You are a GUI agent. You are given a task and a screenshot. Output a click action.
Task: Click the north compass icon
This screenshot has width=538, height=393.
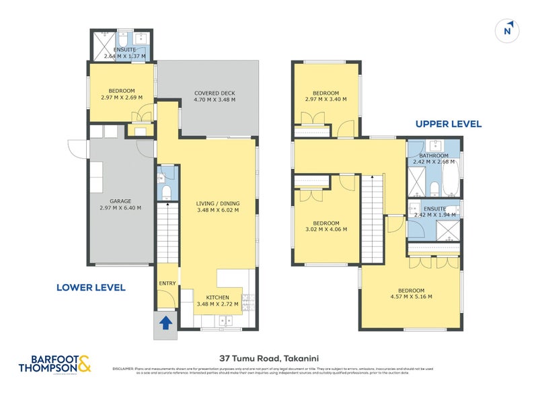pos(508,30)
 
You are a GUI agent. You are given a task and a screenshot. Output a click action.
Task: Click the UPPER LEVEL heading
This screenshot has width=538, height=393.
pos(449,124)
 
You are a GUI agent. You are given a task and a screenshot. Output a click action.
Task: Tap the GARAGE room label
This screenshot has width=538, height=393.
pos(121,200)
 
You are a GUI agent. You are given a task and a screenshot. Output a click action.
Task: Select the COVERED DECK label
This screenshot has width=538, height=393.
pos(215,94)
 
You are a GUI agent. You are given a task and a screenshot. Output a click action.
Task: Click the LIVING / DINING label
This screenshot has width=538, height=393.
pos(217,203)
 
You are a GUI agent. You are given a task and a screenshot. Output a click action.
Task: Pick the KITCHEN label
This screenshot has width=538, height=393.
pos(217,297)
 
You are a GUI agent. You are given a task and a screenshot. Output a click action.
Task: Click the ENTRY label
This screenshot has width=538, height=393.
pos(166,283)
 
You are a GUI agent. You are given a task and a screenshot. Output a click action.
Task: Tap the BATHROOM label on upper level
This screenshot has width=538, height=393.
pos(434,155)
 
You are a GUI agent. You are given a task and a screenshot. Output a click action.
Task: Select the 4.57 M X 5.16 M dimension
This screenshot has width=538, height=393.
pos(410,296)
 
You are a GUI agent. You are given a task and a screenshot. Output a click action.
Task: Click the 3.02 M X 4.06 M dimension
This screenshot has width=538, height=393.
pos(325,229)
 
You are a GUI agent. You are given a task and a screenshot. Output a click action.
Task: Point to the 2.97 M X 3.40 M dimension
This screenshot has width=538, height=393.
pos(325,100)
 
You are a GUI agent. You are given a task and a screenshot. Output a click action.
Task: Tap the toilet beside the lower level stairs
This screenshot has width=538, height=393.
pos(166,193)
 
